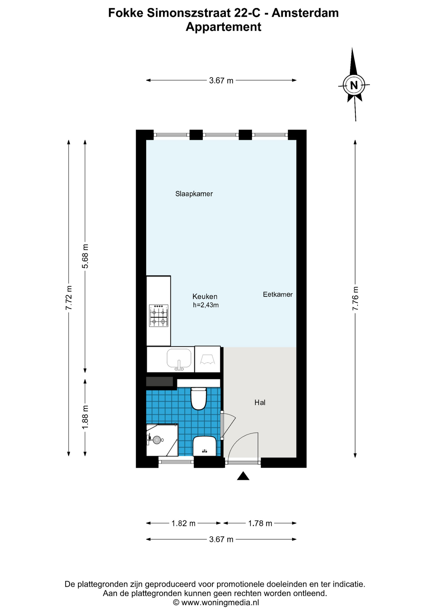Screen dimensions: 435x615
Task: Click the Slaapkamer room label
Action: tap(194, 194)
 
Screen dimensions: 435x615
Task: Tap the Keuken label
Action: tap(205, 297)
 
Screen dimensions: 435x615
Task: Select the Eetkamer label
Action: tap(278, 294)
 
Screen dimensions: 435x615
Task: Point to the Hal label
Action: tap(260, 403)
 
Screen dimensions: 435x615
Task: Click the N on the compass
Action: tap(354, 86)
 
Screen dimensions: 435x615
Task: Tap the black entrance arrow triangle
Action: tap(243, 476)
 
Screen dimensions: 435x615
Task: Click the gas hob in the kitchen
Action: tap(159, 316)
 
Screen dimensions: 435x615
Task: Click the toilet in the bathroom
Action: tap(199, 398)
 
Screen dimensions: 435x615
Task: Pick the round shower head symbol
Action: tap(157, 440)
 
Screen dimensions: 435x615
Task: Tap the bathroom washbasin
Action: tap(204, 446)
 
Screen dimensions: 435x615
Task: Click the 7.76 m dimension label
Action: tap(355, 298)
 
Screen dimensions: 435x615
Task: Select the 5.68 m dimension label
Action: tap(85, 256)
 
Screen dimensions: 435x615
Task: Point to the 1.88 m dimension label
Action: tap(85, 417)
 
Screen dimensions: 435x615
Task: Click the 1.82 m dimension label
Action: tap(183, 523)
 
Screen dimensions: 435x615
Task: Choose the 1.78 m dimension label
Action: tap(260, 523)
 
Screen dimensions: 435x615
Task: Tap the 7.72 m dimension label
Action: tap(69, 298)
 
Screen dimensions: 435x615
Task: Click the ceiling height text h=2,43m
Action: tap(206, 305)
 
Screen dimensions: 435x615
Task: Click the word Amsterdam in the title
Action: tap(305, 13)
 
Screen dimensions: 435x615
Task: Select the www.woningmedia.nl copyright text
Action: tap(216, 603)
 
